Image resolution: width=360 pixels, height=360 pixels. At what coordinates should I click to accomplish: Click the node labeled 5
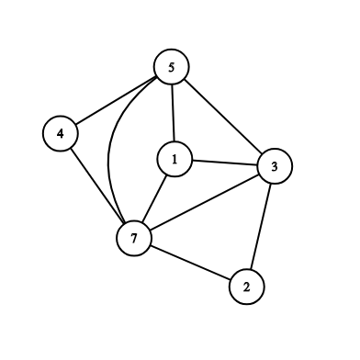(172, 67)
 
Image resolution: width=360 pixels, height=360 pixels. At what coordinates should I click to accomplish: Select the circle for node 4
(61, 133)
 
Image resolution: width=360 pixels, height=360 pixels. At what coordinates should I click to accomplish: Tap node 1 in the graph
(174, 159)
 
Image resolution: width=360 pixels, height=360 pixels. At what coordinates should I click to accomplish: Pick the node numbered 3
(275, 166)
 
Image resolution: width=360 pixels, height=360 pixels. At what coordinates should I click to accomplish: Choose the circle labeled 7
(134, 238)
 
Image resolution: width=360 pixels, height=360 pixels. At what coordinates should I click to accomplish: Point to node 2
(246, 287)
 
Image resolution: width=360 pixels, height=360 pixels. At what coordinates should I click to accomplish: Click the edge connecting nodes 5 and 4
(116, 100)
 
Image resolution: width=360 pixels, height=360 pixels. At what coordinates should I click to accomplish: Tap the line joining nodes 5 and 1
(173, 113)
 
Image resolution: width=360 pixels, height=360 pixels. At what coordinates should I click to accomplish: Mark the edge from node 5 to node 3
(223, 116)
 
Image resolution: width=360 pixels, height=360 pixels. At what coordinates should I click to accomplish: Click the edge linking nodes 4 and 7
(97, 186)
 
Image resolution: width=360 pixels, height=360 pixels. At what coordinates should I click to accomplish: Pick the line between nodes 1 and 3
(225, 163)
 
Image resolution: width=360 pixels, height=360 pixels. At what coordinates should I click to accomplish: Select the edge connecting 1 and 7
(154, 198)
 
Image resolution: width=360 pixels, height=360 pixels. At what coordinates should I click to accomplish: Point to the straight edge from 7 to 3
(204, 202)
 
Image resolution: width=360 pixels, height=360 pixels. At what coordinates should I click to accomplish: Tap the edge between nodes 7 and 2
(190, 263)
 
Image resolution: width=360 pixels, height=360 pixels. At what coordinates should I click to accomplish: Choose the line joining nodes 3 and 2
(261, 227)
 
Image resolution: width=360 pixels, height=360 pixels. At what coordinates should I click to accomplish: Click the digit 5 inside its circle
(172, 67)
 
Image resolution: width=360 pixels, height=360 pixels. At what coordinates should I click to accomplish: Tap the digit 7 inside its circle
(134, 239)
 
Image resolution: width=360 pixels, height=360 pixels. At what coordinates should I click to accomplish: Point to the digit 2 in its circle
(246, 287)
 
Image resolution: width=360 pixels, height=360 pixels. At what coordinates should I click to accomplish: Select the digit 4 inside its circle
(61, 134)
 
